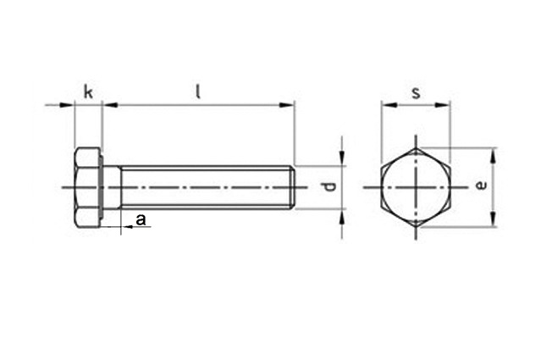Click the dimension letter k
pos(88,92)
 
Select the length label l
pos(198,92)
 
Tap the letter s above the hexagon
pos(417,93)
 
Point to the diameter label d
pos(330,187)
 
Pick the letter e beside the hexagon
pos(481,186)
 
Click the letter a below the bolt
pos(141,219)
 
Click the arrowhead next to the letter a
pos(129,227)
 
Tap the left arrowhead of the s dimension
pos(389,105)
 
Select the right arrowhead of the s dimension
pos(443,105)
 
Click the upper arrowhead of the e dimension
pos(494,155)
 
